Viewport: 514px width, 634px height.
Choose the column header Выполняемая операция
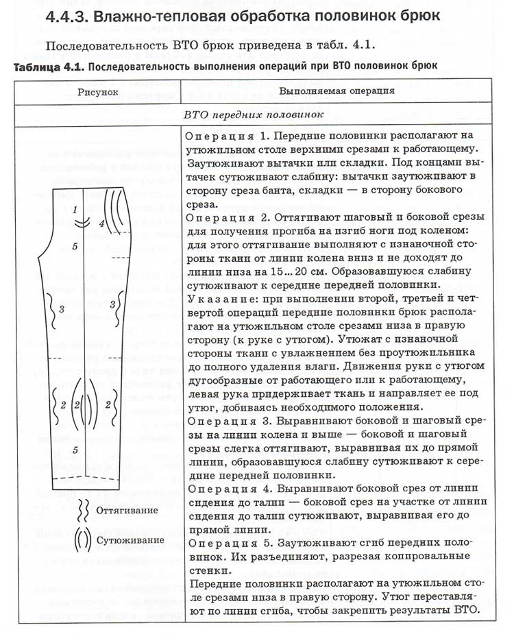tap(336, 91)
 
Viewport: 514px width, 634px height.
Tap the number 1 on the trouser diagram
tap(74, 210)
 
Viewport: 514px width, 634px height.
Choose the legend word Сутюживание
tap(130, 539)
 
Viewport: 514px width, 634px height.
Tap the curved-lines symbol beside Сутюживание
tap(82, 540)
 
